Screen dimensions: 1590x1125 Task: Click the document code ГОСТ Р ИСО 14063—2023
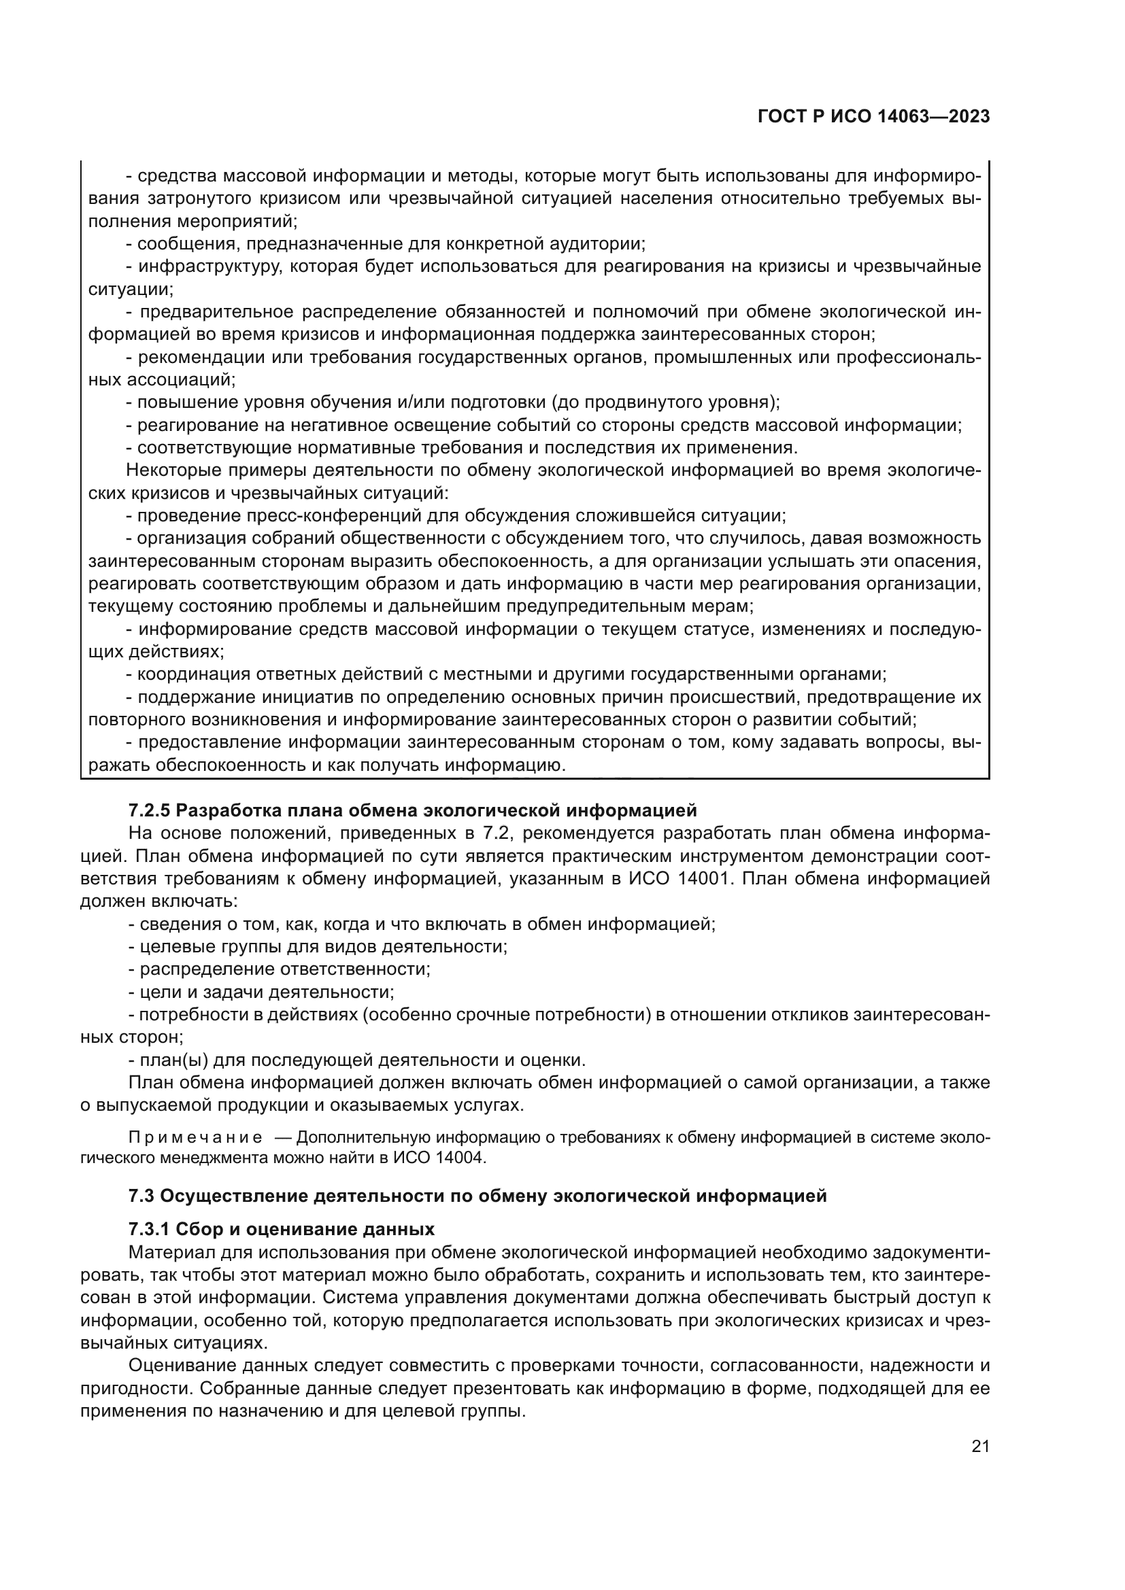873,117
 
